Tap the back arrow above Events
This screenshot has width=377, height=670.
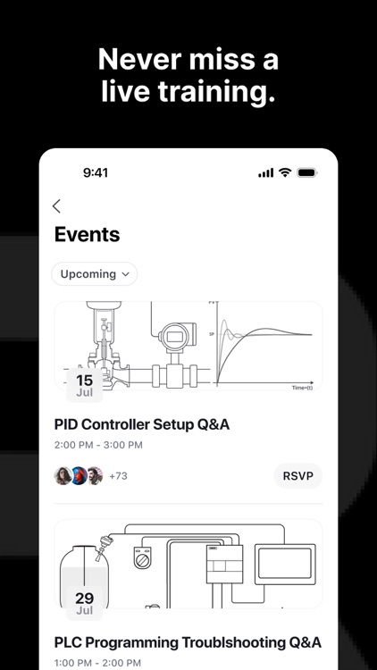pos(57,206)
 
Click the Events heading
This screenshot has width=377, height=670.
pos(87,235)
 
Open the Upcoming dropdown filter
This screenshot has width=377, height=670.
pos(94,274)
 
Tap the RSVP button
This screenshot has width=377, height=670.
pos(297,476)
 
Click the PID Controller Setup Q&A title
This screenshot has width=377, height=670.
pos(142,424)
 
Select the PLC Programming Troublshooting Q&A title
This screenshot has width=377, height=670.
pos(188,642)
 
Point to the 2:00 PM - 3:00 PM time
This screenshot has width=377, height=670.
pos(97,445)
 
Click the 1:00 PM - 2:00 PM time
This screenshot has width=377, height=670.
pos(97,663)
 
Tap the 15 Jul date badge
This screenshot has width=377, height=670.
pos(84,385)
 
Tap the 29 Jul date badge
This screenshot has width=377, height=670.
pos(84,603)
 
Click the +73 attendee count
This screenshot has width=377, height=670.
pos(118,476)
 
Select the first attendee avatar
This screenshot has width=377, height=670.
pos(63,476)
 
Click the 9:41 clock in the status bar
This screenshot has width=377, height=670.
pos(95,172)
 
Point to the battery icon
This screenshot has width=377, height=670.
pos(307,172)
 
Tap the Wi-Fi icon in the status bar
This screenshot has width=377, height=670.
pos(285,172)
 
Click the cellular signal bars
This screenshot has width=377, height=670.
pos(265,172)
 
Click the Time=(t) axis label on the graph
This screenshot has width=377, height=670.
pos(303,388)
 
